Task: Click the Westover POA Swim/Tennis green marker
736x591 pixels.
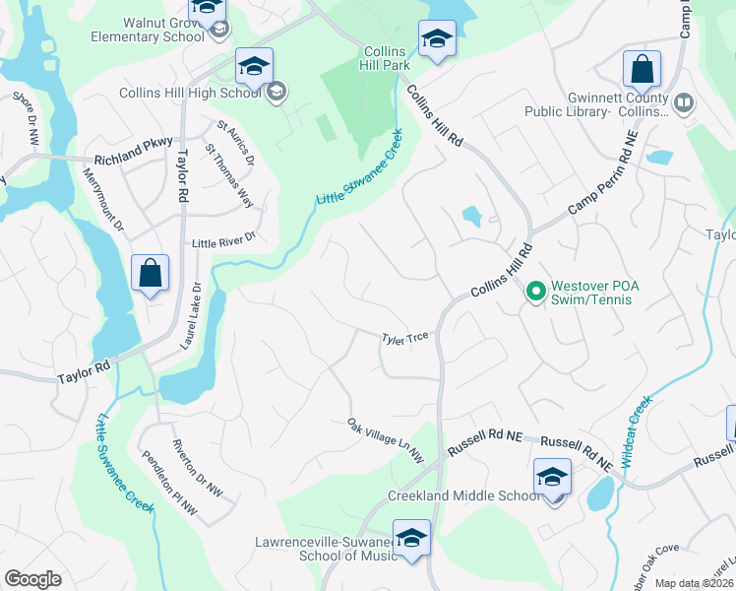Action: coord(536,292)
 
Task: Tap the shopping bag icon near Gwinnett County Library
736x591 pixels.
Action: coord(642,70)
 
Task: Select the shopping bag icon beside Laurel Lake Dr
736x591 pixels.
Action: coord(150,274)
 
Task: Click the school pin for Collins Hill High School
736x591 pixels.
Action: coord(254,68)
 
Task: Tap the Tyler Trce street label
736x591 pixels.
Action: coord(404,338)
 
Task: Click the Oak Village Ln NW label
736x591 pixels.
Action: coord(385,441)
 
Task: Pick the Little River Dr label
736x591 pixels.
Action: coord(223,240)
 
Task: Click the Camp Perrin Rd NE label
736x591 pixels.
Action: coord(604,184)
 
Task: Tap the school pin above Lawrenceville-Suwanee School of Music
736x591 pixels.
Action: coord(411,538)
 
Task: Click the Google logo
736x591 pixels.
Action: coord(32,579)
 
